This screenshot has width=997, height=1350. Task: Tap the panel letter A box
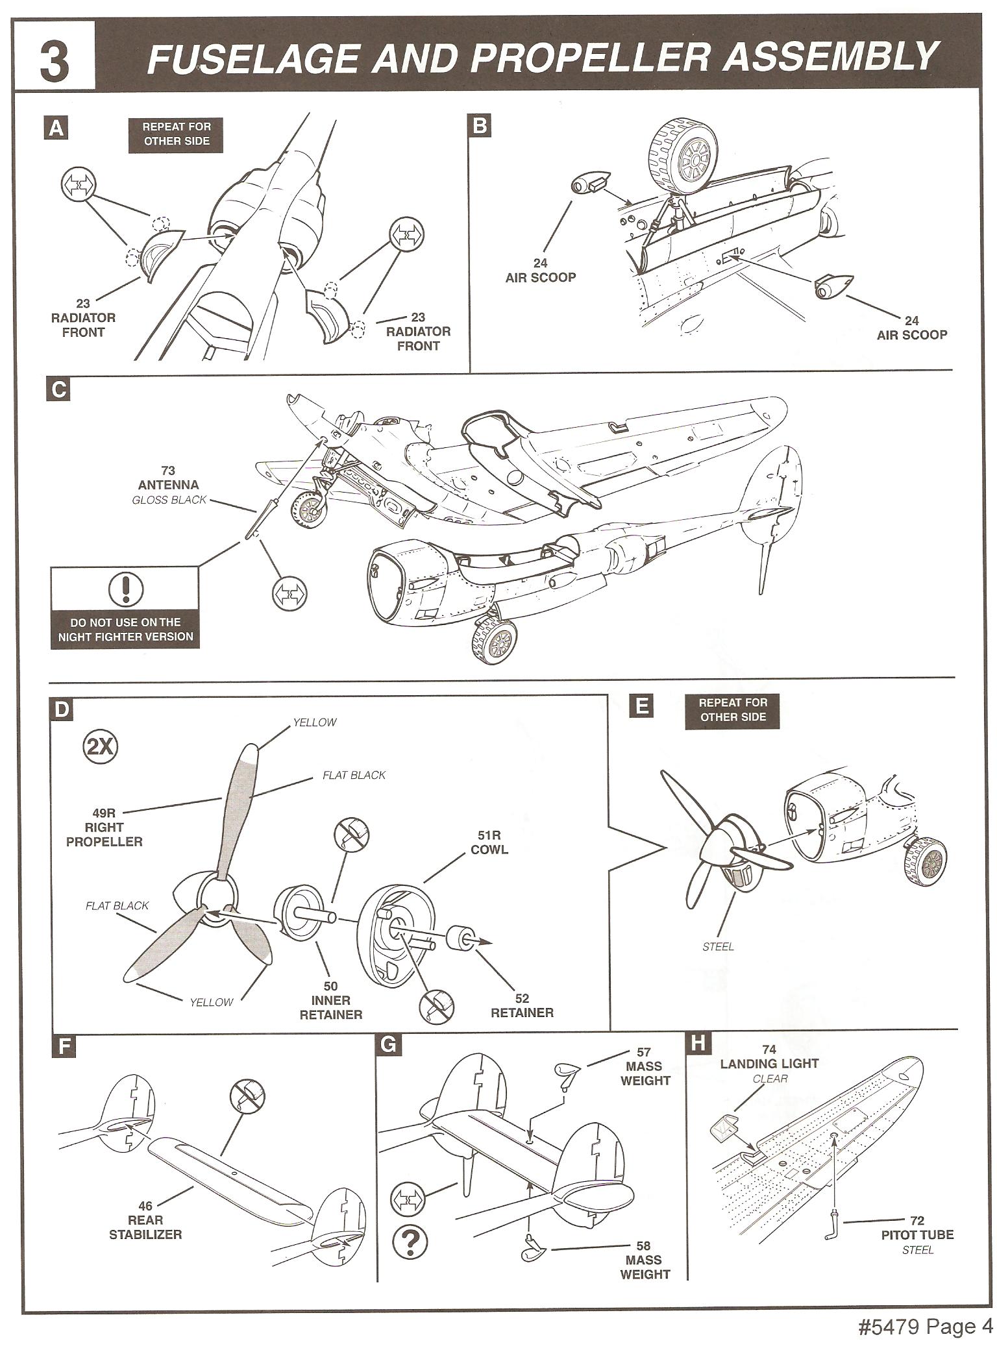[x=57, y=129]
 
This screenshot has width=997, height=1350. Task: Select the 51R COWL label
[x=490, y=842]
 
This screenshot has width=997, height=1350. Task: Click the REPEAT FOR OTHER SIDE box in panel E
[x=733, y=709]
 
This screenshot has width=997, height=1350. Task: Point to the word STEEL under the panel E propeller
[x=718, y=947]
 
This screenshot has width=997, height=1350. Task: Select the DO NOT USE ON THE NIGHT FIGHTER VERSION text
[x=126, y=629]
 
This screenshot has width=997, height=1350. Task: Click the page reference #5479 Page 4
[x=926, y=1327]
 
